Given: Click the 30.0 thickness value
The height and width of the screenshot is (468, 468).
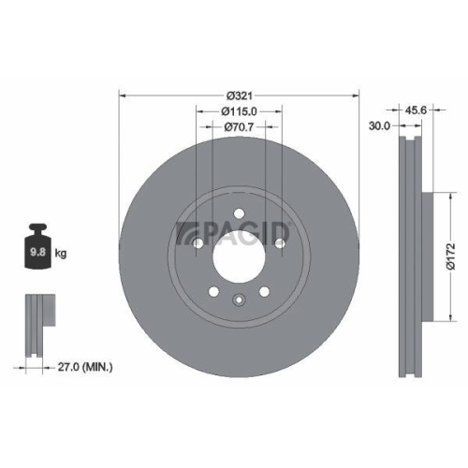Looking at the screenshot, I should coord(378,125).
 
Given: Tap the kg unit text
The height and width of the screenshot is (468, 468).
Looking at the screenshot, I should coord(61,253).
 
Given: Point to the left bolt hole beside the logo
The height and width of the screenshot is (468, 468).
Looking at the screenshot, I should coord(197,242).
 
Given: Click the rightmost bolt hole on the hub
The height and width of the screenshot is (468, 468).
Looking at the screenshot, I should coord(280,242).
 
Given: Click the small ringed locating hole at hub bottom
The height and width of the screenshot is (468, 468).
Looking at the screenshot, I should coord(240,300).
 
